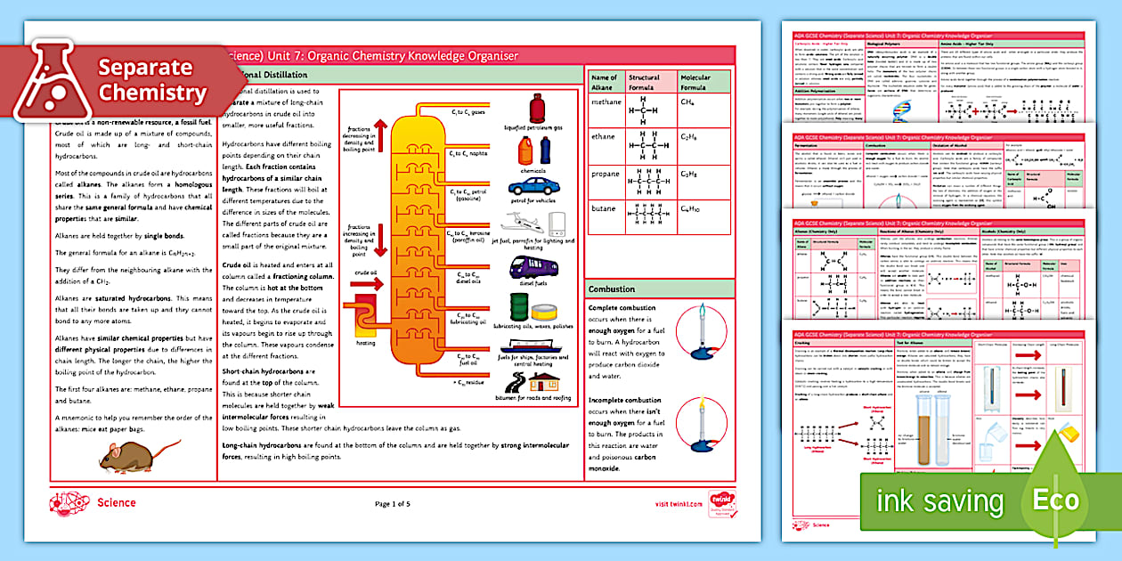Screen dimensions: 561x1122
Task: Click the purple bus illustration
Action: (x=534, y=267)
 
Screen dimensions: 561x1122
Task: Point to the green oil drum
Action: (x=518, y=307)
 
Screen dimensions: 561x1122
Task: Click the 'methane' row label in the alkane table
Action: (x=606, y=102)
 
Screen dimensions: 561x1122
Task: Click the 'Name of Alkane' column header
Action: (x=604, y=83)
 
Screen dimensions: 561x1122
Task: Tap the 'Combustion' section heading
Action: (x=612, y=289)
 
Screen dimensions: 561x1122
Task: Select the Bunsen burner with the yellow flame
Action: (x=698, y=425)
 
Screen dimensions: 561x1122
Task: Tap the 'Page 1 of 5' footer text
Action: (x=393, y=504)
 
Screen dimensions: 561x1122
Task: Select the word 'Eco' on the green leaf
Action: (x=1054, y=500)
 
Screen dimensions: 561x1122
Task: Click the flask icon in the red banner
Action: (x=53, y=81)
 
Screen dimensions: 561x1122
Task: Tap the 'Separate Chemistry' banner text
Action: (x=152, y=79)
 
